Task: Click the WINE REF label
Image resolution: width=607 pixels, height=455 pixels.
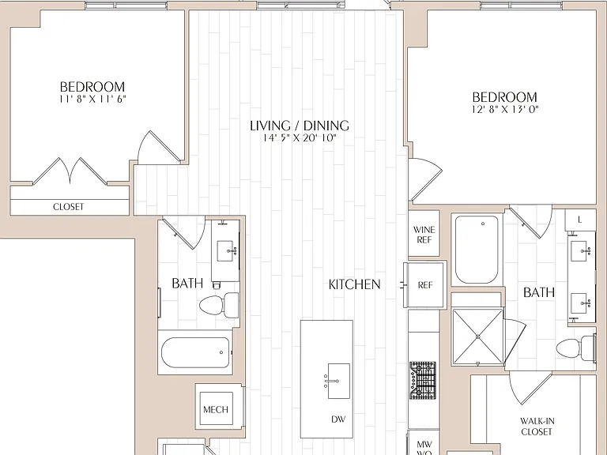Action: [x=424, y=235]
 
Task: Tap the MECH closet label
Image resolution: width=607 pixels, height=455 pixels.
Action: [x=216, y=409]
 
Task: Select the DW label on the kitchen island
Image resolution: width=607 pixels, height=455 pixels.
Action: [x=338, y=419]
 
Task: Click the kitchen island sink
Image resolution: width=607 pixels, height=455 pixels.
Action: [x=338, y=381]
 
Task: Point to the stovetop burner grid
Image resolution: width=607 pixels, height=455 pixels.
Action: [x=423, y=381]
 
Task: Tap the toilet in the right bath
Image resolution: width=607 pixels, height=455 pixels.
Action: [x=575, y=348]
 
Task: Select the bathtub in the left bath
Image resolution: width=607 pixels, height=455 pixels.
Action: [x=195, y=352]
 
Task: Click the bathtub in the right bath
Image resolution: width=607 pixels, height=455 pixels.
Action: [x=477, y=250]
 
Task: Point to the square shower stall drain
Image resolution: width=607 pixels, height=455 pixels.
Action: [x=478, y=337]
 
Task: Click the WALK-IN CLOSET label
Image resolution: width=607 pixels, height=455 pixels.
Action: [x=537, y=426]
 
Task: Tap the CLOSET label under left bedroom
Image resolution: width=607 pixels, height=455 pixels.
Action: [x=68, y=207]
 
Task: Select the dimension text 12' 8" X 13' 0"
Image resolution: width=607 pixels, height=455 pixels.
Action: [x=505, y=110]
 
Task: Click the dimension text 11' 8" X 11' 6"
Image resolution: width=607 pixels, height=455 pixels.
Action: [x=92, y=99]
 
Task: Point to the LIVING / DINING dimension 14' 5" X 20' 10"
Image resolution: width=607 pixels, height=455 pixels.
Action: [x=300, y=138]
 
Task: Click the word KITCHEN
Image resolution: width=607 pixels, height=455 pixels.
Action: [x=354, y=284]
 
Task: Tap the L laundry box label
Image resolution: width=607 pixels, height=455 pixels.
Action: [x=579, y=220]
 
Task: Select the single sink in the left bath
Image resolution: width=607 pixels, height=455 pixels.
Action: [x=225, y=250]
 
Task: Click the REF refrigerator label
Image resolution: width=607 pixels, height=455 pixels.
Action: [x=424, y=285]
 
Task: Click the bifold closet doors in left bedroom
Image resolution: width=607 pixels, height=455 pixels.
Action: [x=70, y=171]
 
